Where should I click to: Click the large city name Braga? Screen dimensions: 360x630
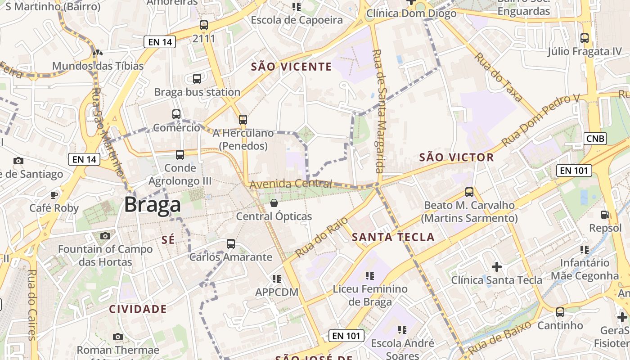[x=153, y=205]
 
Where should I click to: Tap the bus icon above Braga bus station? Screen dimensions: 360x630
[x=197, y=79]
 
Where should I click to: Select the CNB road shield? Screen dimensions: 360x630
[x=595, y=139]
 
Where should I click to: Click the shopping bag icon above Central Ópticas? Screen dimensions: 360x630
[x=274, y=203]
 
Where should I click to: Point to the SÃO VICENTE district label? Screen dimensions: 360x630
[x=291, y=67]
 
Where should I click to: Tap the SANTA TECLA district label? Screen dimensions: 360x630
[x=393, y=237]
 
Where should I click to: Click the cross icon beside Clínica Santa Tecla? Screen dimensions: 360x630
[x=497, y=267]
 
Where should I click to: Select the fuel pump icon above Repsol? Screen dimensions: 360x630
[x=605, y=215]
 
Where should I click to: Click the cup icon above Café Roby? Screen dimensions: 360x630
[x=54, y=195]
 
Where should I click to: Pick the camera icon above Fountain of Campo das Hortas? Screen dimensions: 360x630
[x=105, y=236]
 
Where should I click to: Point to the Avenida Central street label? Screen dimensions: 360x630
[x=290, y=184]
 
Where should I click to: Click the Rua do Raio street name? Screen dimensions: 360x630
[x=322, y=237]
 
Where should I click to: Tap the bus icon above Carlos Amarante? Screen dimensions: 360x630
[x=231, y=244]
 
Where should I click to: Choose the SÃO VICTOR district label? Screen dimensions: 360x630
[x=456, y=157]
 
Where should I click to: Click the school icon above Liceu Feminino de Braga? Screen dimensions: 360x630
[x=370, y=276]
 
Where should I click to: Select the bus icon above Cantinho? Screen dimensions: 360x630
[x=560, y=312]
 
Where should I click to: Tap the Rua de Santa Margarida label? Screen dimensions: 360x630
[x=378, y=112]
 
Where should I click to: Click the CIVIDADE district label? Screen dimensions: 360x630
[x=138, y=309]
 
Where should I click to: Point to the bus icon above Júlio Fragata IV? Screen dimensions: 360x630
[x=585, y=38]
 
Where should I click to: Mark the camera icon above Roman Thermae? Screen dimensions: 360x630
[x=118, y=337]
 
